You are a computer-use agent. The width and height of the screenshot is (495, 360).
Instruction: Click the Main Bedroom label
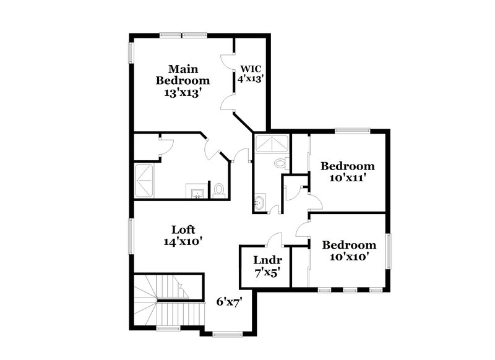[x=183, y=74]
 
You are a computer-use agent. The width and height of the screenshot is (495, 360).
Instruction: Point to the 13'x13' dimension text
[x=184, y=93]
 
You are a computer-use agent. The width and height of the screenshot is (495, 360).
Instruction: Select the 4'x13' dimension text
[x=251, y=79]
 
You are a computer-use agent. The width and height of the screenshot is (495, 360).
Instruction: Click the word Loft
[x=183, y=230]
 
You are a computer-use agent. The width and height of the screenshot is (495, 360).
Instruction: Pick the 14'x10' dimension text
[x=184, y=242]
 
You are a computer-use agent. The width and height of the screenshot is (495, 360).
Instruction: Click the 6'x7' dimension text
[x=228, y=302]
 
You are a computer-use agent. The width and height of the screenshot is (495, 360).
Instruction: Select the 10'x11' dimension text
[x=348, y=178]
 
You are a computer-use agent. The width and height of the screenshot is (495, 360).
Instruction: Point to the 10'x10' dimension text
[x=349, y=257]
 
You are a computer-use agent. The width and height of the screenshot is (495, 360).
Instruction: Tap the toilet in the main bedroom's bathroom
[x=219, y=189]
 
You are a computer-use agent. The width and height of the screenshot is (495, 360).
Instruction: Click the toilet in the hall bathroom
[x=280, y=163]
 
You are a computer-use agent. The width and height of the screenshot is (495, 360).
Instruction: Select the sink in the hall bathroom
[x=259, y=201]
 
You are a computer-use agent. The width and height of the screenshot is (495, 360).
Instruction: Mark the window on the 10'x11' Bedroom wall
[x=352, y=130]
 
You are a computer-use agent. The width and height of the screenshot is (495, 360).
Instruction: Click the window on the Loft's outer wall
[x=131, y=236]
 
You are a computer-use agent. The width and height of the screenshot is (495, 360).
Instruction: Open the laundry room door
[x=275, y=238]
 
